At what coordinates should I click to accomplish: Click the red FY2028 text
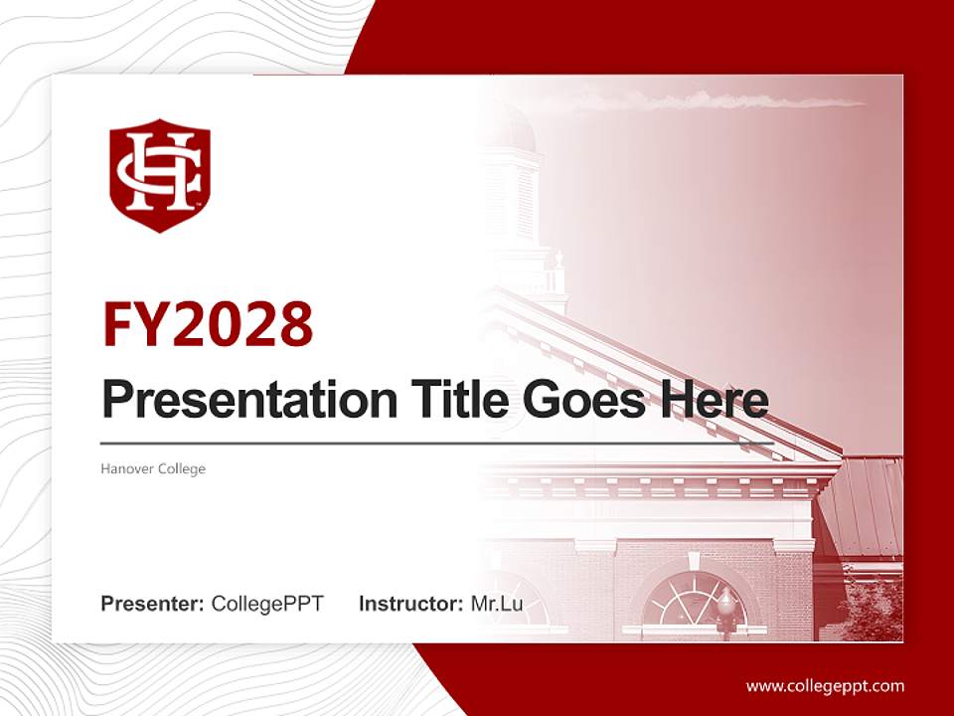tap(208, 323)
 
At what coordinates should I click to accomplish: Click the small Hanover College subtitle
tap(153, 468)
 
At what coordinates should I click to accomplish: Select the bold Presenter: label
tap(153, 604)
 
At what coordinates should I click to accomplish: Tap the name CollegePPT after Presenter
tap(267, 604)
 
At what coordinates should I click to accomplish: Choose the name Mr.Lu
tap(496, 604)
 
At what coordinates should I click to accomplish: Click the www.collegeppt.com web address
tap(825, 685)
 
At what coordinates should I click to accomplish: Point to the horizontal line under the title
tap(437, 444)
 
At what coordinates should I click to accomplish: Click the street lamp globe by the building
tap(726, 601)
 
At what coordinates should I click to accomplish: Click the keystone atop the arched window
tap(694, 562)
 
